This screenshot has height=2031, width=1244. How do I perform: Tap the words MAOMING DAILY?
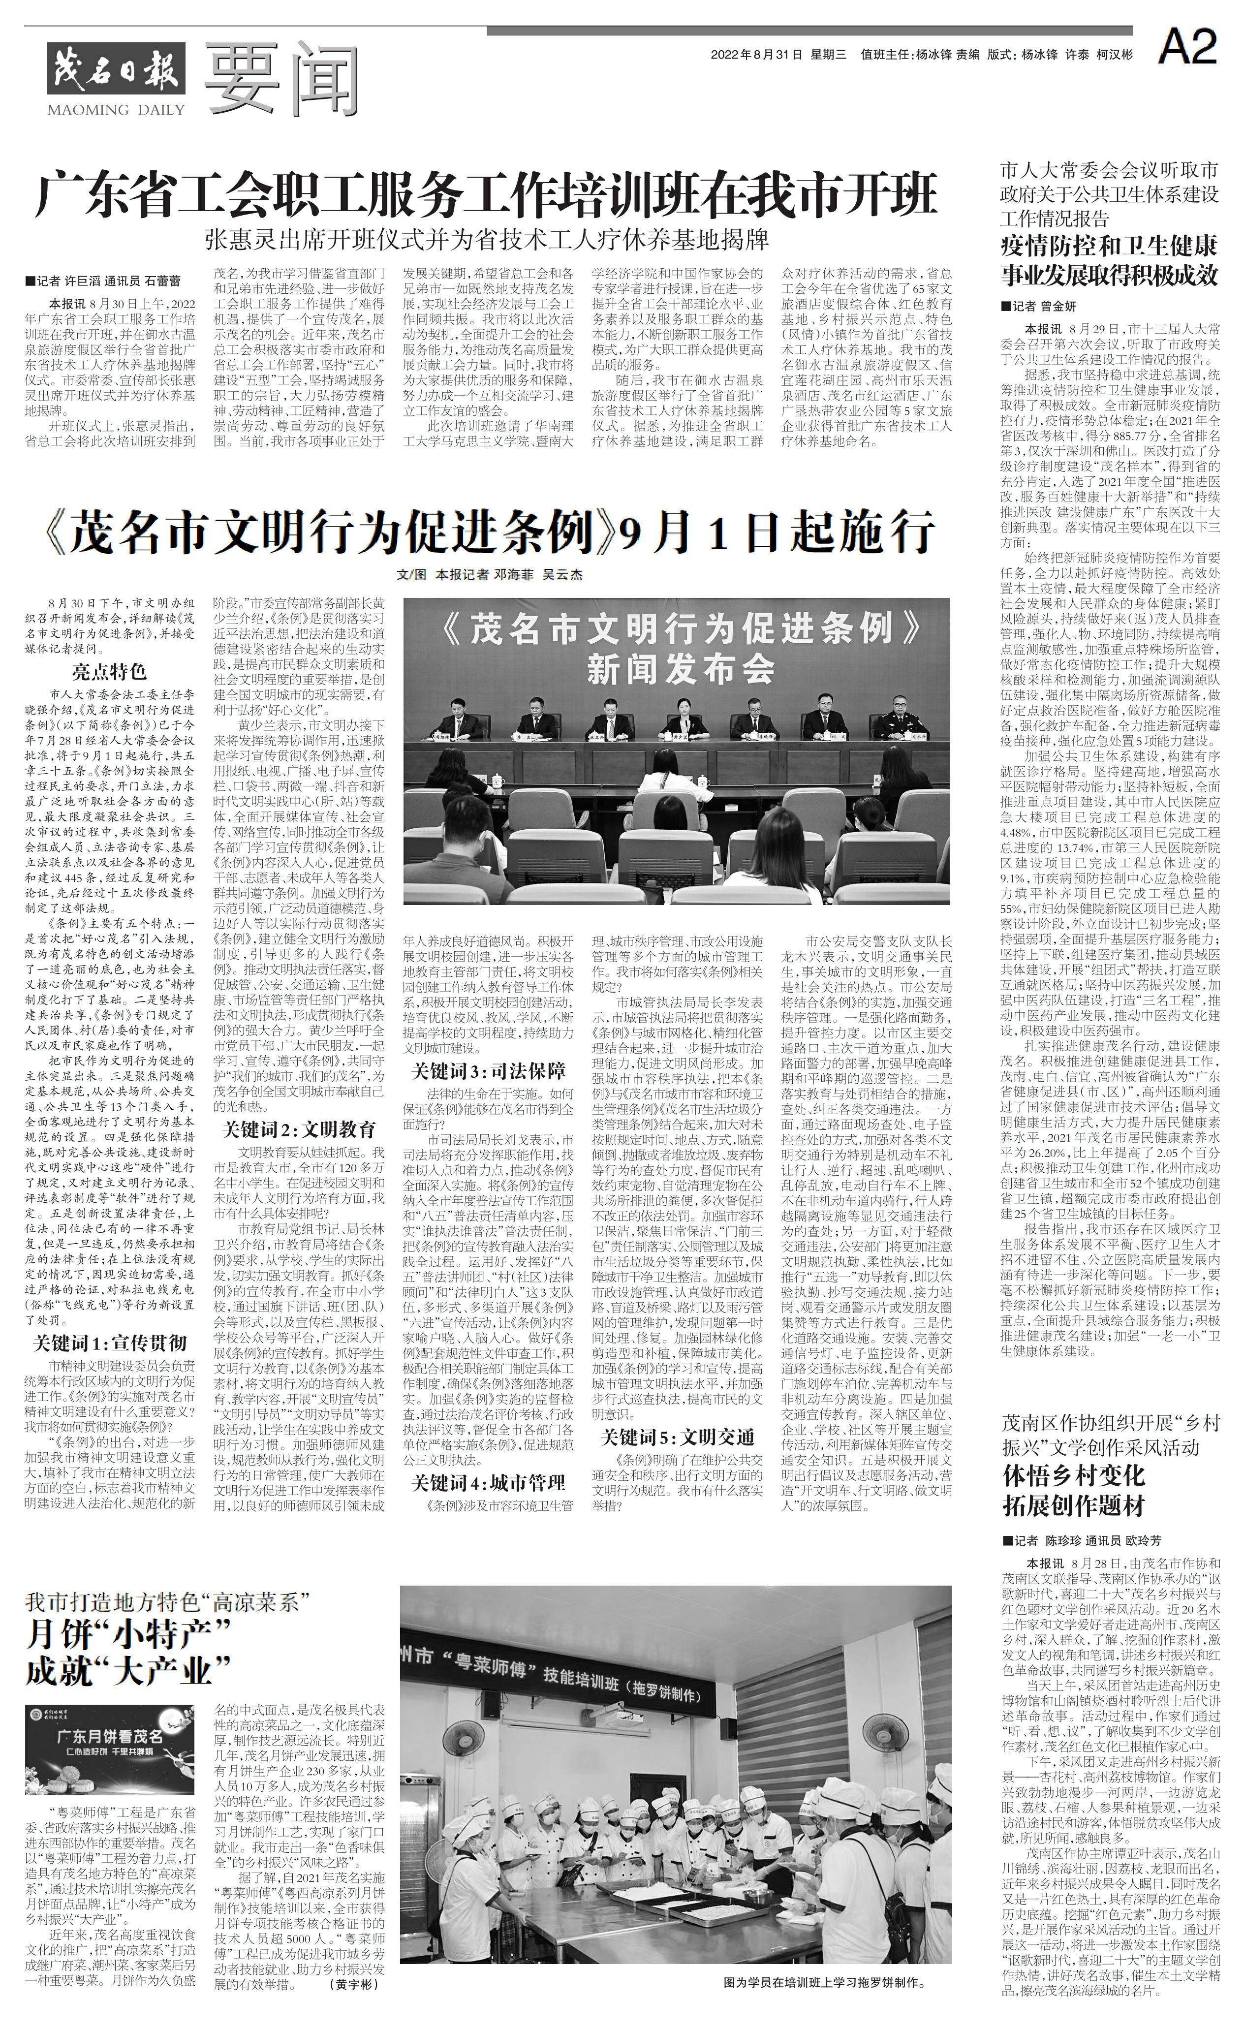[105, 110]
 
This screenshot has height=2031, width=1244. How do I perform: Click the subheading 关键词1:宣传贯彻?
[110, 1342]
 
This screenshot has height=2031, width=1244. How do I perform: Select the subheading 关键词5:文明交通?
[678, 1436]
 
